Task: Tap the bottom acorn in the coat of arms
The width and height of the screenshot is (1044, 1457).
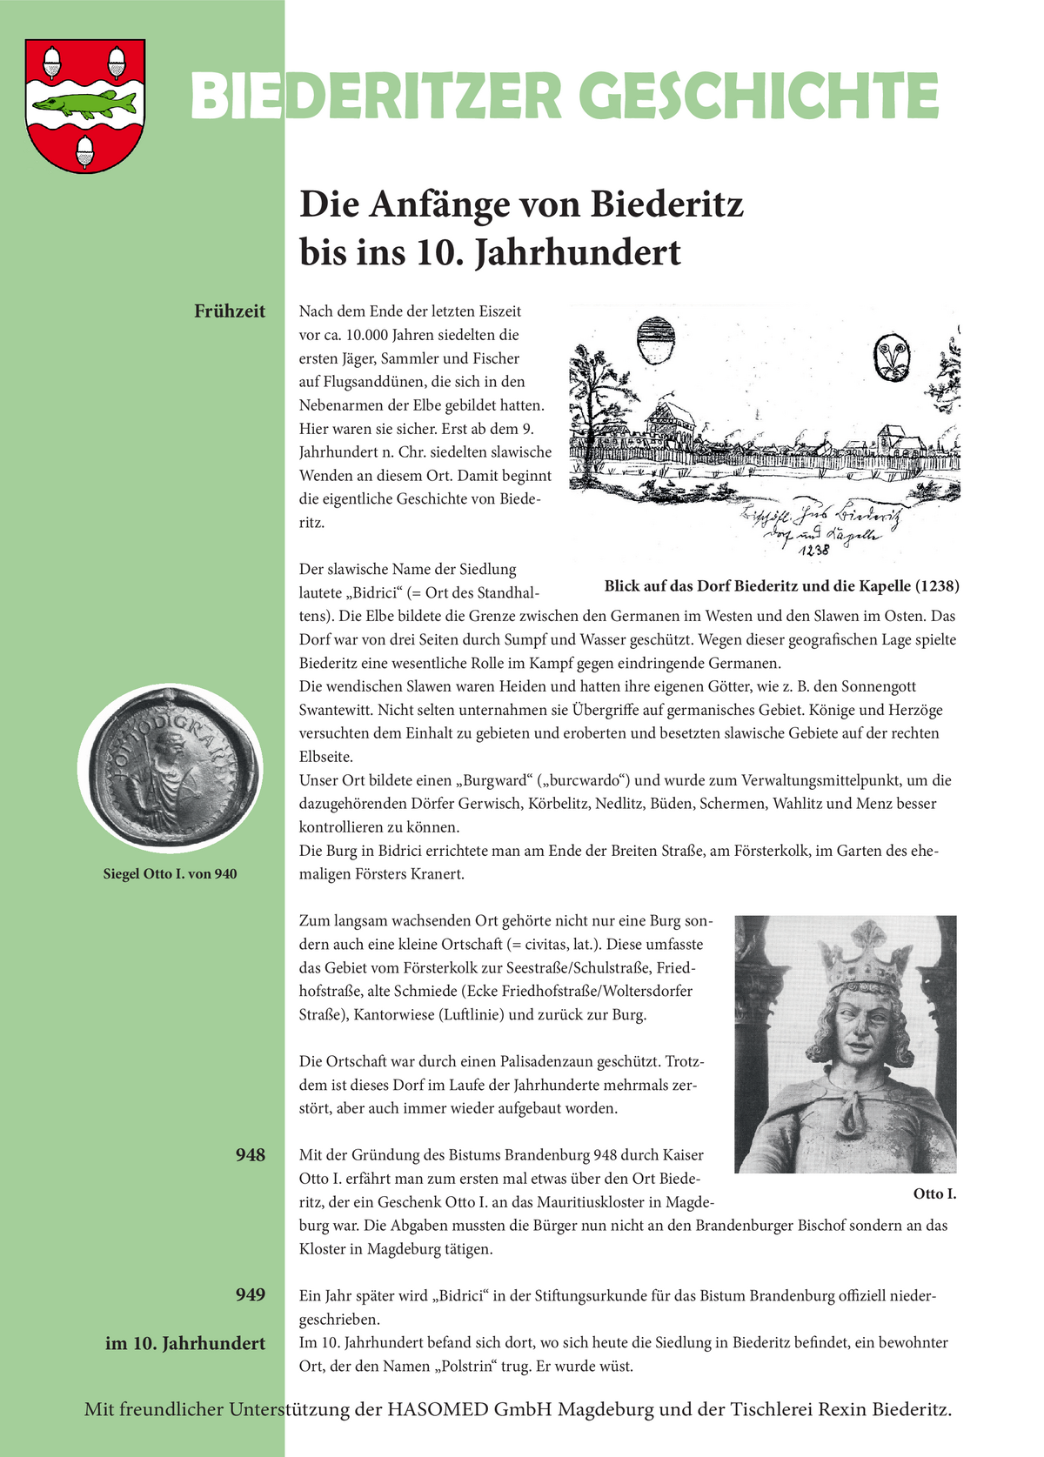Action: [x=85, y=150]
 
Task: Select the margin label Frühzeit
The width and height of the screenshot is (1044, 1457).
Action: [x=230, y=311]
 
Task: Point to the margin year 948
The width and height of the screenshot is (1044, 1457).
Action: [x=250, y=1155]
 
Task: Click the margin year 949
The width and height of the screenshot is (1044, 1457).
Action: [x=250, y=1295]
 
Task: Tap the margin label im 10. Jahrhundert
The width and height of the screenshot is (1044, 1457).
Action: [x=185, y=1343]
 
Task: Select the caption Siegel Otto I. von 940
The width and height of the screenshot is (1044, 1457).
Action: [x=170, y=873]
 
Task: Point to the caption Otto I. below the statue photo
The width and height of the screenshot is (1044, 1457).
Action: [x=934, y=1193]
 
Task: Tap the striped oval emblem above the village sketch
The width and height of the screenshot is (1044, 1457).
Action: [x=657, y=340]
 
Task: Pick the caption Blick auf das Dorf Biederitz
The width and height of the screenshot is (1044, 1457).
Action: [x=781, y=585]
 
